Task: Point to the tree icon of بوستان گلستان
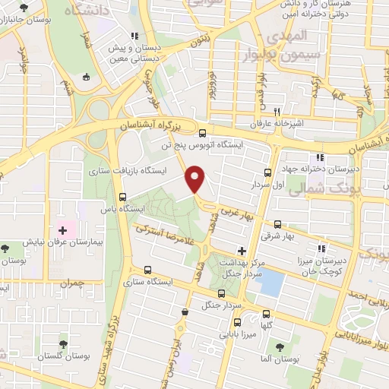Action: (x=63, y=344)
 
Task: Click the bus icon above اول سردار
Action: (x=267, y=172)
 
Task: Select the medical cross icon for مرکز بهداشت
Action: (x=242, y=251)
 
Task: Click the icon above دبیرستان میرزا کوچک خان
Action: (x=322, y=248)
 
